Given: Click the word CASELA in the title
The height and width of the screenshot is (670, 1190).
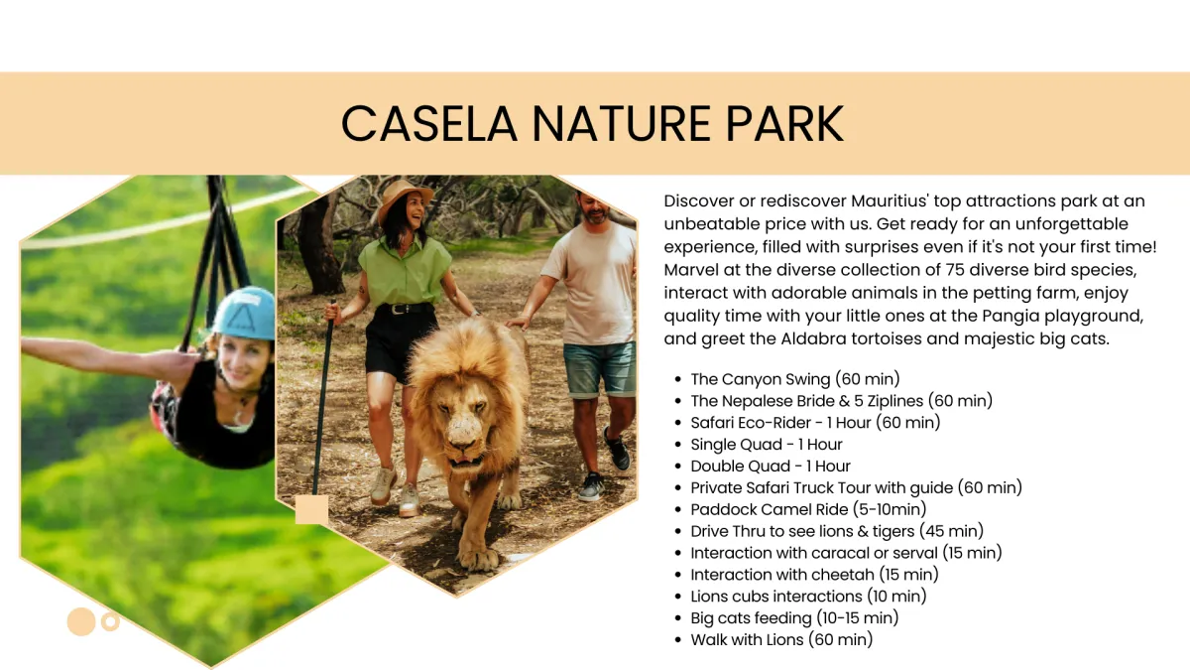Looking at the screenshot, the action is pos(428,123).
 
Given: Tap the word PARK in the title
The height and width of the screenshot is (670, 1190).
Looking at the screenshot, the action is pos(784,123).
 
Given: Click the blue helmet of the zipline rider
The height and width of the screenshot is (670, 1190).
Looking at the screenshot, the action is pos(244,314).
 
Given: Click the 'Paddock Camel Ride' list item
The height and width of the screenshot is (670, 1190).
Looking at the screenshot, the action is pos(808,509).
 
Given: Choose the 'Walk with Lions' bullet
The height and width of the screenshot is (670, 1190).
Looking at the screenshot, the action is pos(781,639).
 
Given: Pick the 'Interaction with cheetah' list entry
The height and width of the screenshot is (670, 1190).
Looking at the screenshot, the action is pos(814,575).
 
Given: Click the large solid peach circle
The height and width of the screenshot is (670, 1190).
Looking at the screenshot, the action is pos(81,621).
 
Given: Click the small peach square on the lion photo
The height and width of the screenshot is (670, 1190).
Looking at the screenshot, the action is pos(311,509).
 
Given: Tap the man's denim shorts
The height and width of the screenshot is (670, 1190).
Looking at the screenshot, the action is pos(599,369).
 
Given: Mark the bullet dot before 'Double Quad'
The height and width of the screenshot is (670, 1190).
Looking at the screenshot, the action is pos(678,467).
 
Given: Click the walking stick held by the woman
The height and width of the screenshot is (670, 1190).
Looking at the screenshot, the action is pos(323,398).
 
